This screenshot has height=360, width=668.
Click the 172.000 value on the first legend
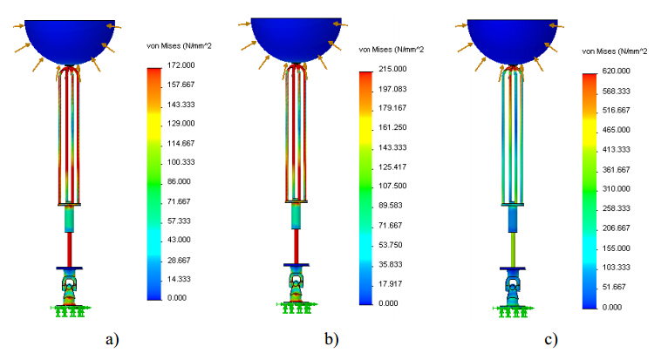click(181, 65)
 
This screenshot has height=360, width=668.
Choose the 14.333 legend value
click(180, 279)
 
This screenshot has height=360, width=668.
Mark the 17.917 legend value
click(398, 283)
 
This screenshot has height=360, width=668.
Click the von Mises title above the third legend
click(614, 51)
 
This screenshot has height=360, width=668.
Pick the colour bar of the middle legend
click(366, 187)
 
